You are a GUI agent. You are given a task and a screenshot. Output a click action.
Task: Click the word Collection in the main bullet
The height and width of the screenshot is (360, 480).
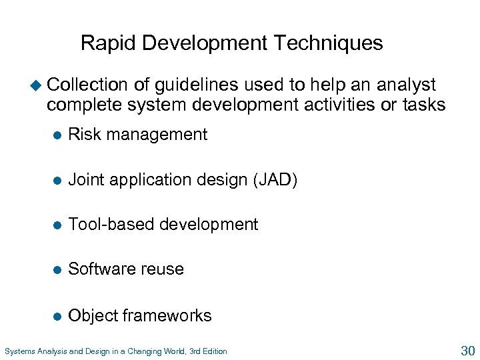(87, 85)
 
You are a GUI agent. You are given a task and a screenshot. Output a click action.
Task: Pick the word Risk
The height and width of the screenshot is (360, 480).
(83, 135)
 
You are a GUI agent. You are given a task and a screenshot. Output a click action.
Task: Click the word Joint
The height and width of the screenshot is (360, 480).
(85, 180)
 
